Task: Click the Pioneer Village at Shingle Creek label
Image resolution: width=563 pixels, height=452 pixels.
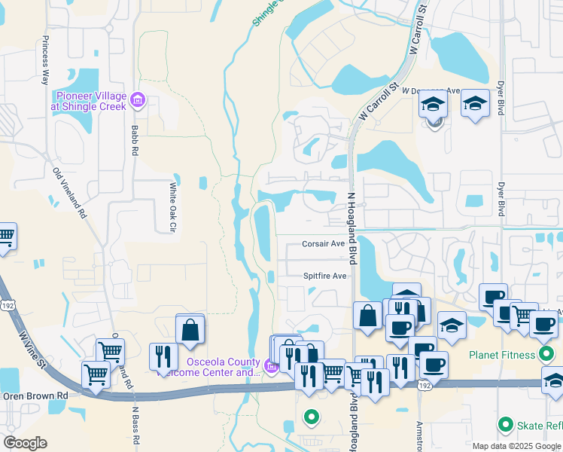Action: point(90,102)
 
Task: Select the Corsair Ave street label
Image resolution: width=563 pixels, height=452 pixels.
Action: point(323,244)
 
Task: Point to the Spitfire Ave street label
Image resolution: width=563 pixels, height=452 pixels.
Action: point(324,276)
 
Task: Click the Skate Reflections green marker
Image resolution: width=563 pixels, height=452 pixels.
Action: point(506,426)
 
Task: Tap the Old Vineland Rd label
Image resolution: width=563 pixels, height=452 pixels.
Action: point(69,194)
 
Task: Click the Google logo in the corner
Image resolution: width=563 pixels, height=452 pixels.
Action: point(25,443)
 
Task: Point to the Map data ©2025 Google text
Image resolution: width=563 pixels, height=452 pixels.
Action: point(516,446)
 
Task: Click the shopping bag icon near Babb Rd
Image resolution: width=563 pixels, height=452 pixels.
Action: point(190,330)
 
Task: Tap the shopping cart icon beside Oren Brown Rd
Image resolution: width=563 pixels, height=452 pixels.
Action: point(96,374)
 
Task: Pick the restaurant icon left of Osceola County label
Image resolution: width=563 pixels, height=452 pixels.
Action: point(163,357)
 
